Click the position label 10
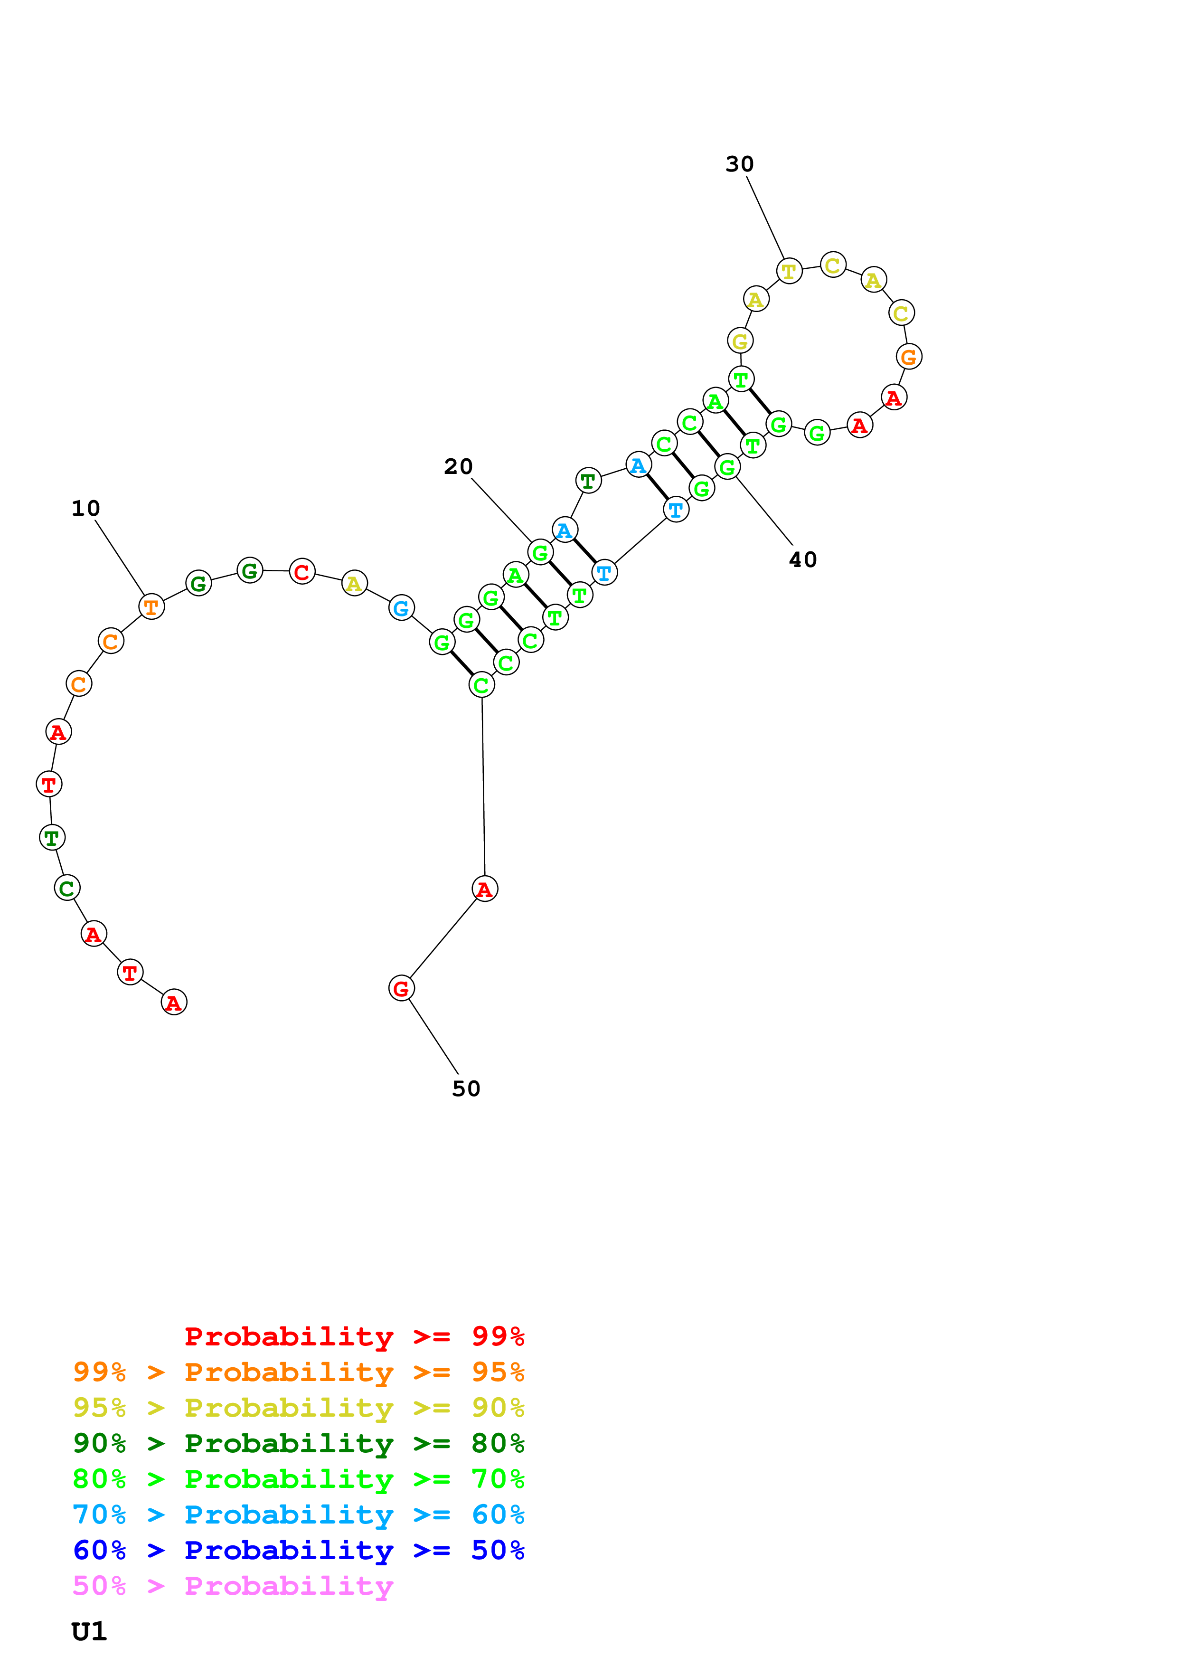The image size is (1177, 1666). tap(85, 509)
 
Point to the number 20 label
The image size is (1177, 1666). tap(458, 466)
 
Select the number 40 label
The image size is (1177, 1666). tap(803, 559)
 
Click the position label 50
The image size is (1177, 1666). tap(466, 1089)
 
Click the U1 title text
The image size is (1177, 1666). tap(89, 1632)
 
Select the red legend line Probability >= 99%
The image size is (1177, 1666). tap(354, 1336)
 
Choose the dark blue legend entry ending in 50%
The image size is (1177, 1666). tap(298, 1550)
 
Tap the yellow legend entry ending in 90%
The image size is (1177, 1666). tap(298, 1407)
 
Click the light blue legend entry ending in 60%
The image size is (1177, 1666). tap(298, 1515)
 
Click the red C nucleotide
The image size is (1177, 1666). tap(301, 572)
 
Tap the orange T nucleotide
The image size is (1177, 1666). tap(151, 606)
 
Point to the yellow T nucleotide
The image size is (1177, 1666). tap(789, 271)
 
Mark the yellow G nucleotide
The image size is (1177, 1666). tap(740, 341)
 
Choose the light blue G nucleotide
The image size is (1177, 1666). tap(401, 608)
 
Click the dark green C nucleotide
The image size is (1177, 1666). tap(67, 888)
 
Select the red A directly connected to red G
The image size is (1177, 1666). tap(484, 889)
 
